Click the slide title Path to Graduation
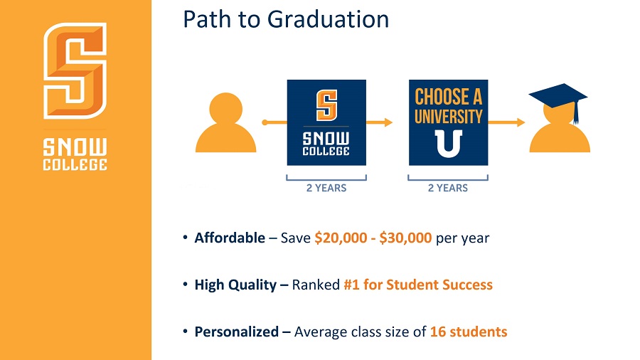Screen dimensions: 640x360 coord(286,20)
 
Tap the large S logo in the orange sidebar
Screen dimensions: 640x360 coord(75,70)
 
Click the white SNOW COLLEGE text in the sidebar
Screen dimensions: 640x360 coord(75,154)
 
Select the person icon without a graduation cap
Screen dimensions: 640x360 coord(225,122)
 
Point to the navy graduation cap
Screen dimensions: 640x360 coord(559,101)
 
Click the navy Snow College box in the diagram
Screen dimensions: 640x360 coord(326,122)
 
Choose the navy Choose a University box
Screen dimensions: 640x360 coord(448,122)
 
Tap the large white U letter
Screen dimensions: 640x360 coord(448,144)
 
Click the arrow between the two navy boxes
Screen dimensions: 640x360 coord(379,122)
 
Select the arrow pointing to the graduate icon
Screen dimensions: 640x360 coord(506,122)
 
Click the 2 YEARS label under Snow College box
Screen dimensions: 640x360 coord(326,188)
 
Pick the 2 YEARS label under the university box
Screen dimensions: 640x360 coord(448,188)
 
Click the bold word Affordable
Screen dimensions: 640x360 coord(230,238)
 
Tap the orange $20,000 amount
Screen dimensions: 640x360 coord(341,238)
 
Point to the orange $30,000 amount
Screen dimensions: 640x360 coord(405,238)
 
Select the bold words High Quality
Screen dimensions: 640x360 coord(235,285)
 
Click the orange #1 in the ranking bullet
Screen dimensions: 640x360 coord(351,285)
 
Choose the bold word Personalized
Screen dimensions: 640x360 coord(237,332)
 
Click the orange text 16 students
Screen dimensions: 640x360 coord(469,332)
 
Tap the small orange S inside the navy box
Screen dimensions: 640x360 coord(326,105)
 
